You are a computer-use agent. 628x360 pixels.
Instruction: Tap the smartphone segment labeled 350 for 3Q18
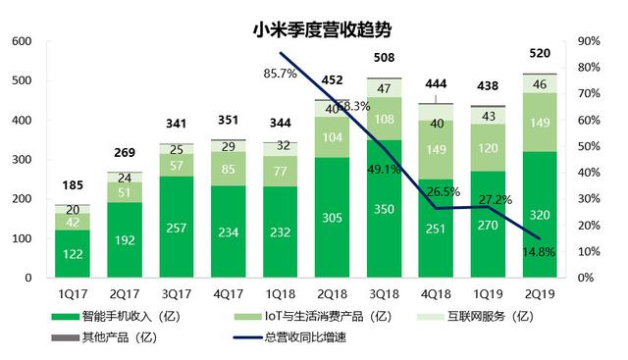coord(385,209)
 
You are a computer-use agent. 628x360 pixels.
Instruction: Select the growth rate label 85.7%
coord(281,74)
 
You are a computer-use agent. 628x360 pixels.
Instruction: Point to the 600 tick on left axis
coord(23,42)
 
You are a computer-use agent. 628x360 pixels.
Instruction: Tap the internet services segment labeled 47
coord(385,89)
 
